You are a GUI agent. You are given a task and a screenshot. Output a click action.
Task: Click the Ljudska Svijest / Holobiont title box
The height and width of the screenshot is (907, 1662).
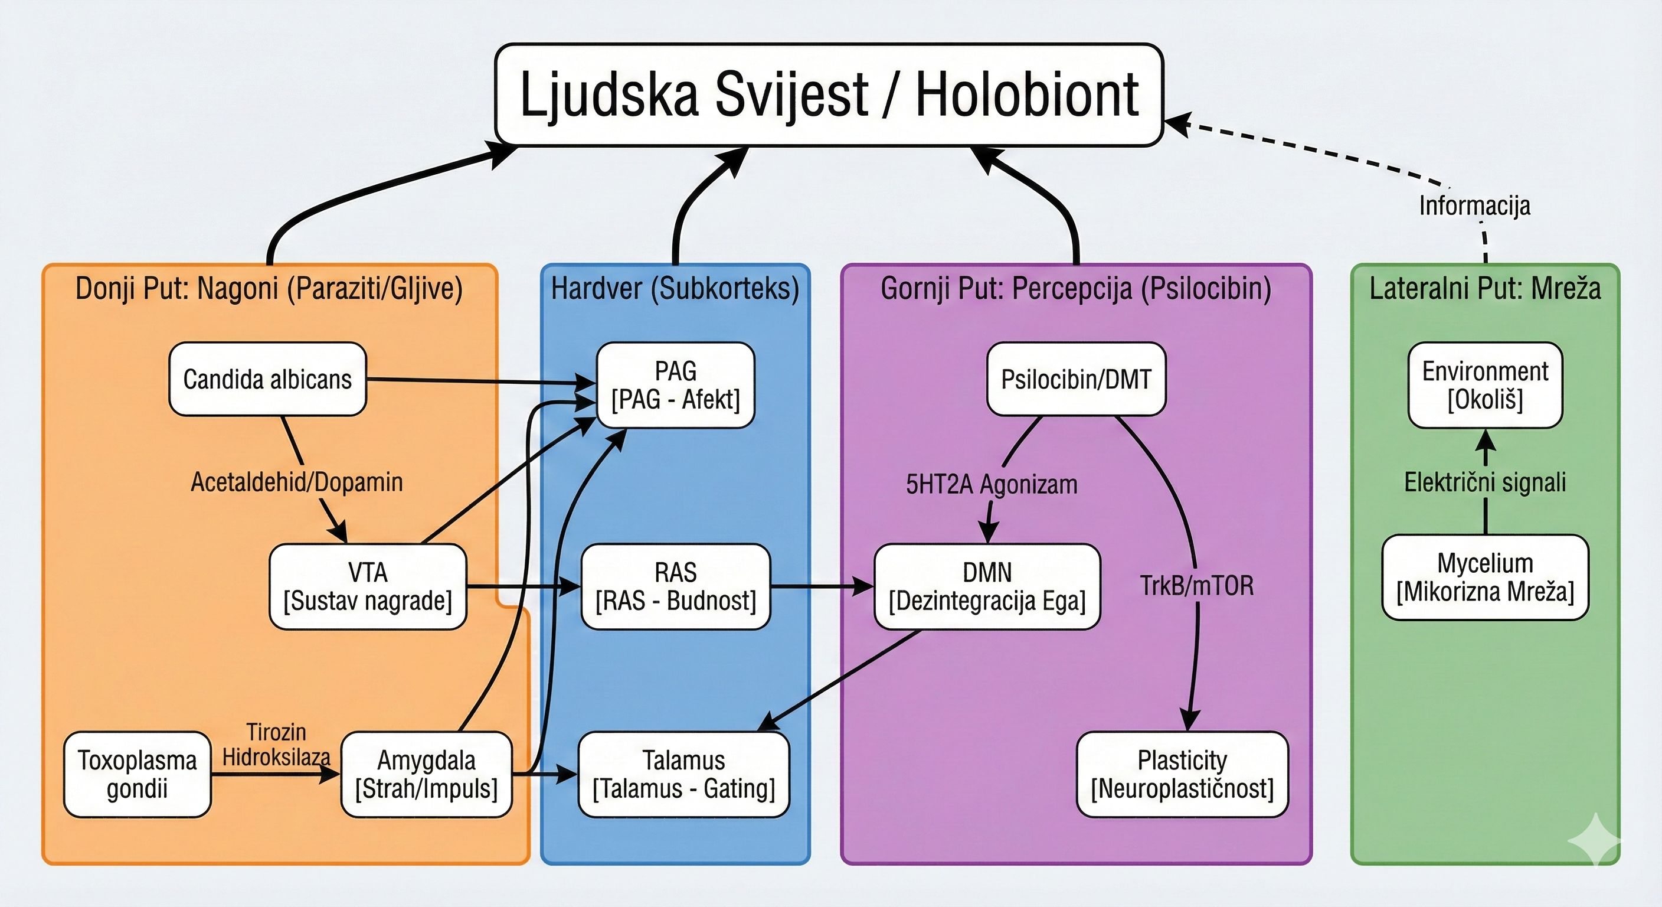pyautogui.click(x=829, y=95)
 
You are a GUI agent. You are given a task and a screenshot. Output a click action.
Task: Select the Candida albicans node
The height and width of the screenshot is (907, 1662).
pyautogui.click(x=268, y=379)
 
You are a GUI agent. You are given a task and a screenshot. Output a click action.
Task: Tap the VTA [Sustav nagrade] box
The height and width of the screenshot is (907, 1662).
pyautogui.click(x=368, y=586)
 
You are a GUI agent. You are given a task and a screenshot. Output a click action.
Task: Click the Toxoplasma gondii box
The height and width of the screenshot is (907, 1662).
pyautogui.click(x=138, y=774)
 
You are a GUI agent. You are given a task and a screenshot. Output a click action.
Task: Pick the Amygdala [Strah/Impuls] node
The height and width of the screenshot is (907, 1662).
pyautogui.click(x=427, y=774)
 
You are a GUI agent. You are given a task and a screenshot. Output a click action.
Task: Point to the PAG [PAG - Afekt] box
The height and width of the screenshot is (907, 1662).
pyautogui.click(x=676, y=386)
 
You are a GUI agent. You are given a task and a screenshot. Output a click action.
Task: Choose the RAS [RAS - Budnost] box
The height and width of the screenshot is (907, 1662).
pyautogui.click(x=676, y=586)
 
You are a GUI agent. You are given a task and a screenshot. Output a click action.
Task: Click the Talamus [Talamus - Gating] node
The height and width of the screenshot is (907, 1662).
pyautogui.click(x=684, y=774)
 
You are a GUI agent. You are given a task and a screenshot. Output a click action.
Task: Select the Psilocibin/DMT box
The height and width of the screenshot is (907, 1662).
pyautogui.click(x=1076, y=379)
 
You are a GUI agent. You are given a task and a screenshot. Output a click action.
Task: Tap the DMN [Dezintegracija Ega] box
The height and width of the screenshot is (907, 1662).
pyautogui.click(x=987, y=586)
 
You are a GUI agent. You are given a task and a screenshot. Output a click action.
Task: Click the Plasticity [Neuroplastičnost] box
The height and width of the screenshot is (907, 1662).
pyautogui.click(x=1182, y=774)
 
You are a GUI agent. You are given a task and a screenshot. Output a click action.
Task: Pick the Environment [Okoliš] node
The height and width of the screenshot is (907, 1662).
pyautogui.click(x=1485, y=386)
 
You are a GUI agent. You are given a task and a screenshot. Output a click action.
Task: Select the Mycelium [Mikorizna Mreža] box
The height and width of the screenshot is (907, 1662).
pyautogui.click(x=1485, y=577)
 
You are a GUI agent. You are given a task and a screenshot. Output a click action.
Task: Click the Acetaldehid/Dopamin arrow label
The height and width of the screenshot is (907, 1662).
pyautogui.click(x=297, y=482)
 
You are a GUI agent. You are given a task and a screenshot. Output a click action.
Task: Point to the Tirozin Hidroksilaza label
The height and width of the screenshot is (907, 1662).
pyautogui.click(x=276, y=745)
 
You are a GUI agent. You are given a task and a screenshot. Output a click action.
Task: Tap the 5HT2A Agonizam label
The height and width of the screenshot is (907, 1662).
pyautogui.click(x=992, y=484)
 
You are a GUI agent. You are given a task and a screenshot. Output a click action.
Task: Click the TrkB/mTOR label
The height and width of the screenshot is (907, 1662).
pyautogui.click(x=1197, y=586)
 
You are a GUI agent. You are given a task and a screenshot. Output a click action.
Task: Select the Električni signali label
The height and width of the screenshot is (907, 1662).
pyautogui.click(x=1485, y=482)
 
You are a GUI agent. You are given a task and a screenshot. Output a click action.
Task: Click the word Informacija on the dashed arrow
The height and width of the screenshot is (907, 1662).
pyautogui.click(x=1474, y=205)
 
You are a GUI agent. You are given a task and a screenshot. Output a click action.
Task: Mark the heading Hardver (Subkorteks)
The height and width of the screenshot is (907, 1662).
pyautogui.click(x=675, y=288)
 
